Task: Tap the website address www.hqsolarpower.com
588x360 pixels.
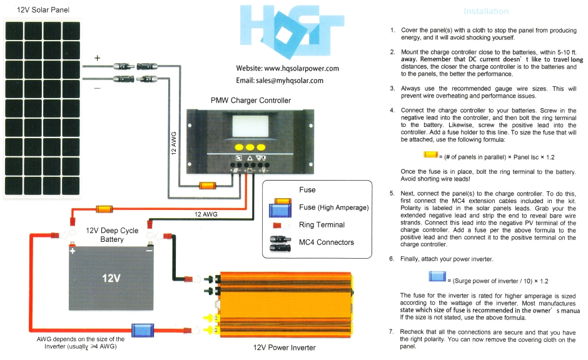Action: point(287,68)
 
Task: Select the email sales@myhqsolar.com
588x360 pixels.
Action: point(280,81)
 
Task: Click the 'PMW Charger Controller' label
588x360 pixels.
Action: point(250,100)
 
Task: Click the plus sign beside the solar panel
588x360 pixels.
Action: point(97,58)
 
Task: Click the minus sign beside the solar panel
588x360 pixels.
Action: point(97,88)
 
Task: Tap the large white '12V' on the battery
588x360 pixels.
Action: point(111,278)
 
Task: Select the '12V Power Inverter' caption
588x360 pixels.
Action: point(285,347)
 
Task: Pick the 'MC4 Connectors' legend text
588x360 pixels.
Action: point(326,242)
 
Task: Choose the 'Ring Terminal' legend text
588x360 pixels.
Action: point(322,225)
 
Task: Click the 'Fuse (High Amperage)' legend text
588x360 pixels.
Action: point(333,207)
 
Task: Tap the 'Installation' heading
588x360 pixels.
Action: point(486,11)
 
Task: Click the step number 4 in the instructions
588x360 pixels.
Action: point(392,110)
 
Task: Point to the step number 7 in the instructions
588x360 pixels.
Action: point(392,331)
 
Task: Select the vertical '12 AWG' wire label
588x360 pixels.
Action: point(175,143)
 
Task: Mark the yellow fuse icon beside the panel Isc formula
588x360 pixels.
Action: point(430,154)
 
